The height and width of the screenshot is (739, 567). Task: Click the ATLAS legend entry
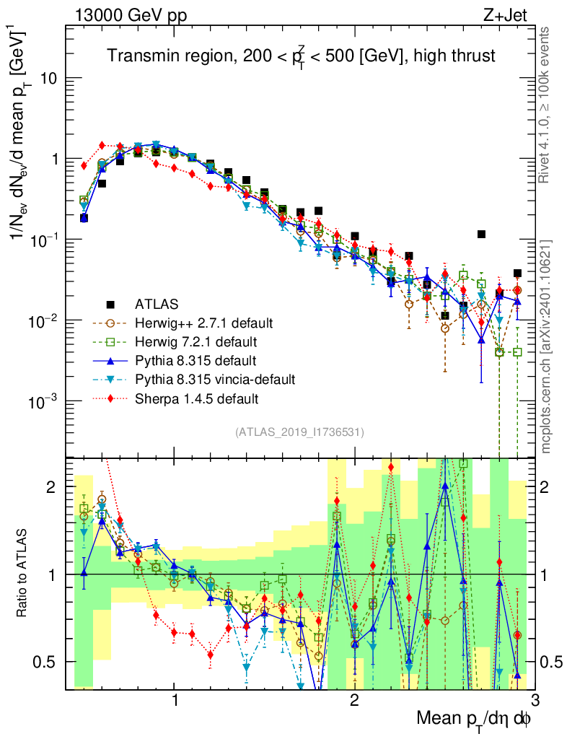click(155, 303)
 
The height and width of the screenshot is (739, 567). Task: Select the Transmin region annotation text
click(302, 56)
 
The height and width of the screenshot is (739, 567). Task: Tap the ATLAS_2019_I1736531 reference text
click(299, 432)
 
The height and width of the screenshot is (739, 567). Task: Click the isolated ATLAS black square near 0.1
click(481, 235)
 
